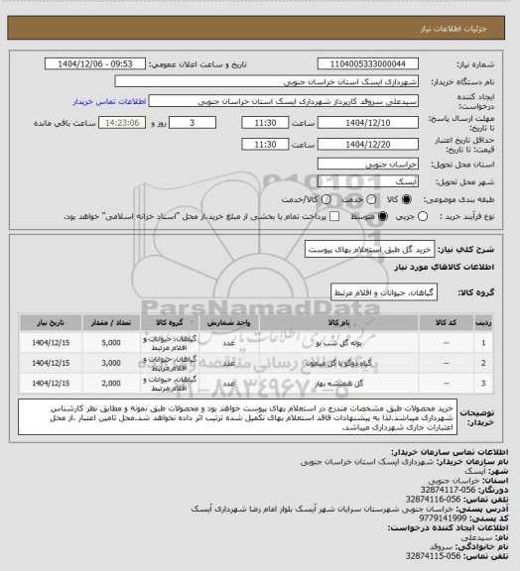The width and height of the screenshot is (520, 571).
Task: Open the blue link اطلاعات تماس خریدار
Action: [x=110, y=101]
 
